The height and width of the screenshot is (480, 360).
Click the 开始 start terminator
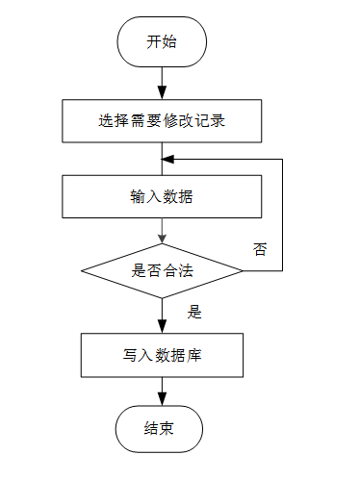pyautogui.click(x=162, y=41)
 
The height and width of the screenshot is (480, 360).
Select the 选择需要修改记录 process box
pyautogui.click(x=162, y=121)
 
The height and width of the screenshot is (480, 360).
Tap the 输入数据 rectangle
pyautogui.click(x=162, y=196)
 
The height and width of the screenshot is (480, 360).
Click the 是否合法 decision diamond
pyautogui.click(x=162, y=271)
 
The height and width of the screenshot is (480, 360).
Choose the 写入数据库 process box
pyautogui.click(x=162, y=355)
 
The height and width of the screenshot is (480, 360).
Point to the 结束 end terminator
pyautogui.click(x=159, y=429)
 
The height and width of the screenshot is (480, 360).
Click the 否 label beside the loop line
pyautogui.click(x=260, y=249)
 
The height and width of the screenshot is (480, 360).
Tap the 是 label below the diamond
pyautogui.click(x=194, y=312)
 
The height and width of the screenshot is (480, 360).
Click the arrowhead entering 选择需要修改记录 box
pyautogui.click(x=162, y=93)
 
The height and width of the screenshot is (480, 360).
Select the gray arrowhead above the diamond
pyautogui.click(x=162, y=239)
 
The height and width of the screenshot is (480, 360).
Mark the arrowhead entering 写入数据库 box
pyautogui.click(x=162, y=327)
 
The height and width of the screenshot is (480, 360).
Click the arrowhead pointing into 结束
pyautogui.click(x=162, y=399)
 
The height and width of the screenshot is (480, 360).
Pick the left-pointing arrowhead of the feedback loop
pyautogui.click(x=167, y=159)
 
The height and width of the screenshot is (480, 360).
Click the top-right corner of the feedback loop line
pyautogui.click(x=282, y=159)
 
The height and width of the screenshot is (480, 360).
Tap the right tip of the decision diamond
pyautogui.click(x=243, y=271)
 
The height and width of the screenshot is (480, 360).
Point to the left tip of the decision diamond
pyautogui.click(x=81, y=271)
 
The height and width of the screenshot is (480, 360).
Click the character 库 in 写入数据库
pyautogui.click(x=194, y=355)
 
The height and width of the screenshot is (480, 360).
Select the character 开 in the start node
pyautogui.click(x=154, y=41)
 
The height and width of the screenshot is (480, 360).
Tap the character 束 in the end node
pyautogui.click(x=167, y=428)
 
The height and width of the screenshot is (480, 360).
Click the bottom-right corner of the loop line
pyautogui.click(x=282, y=271)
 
